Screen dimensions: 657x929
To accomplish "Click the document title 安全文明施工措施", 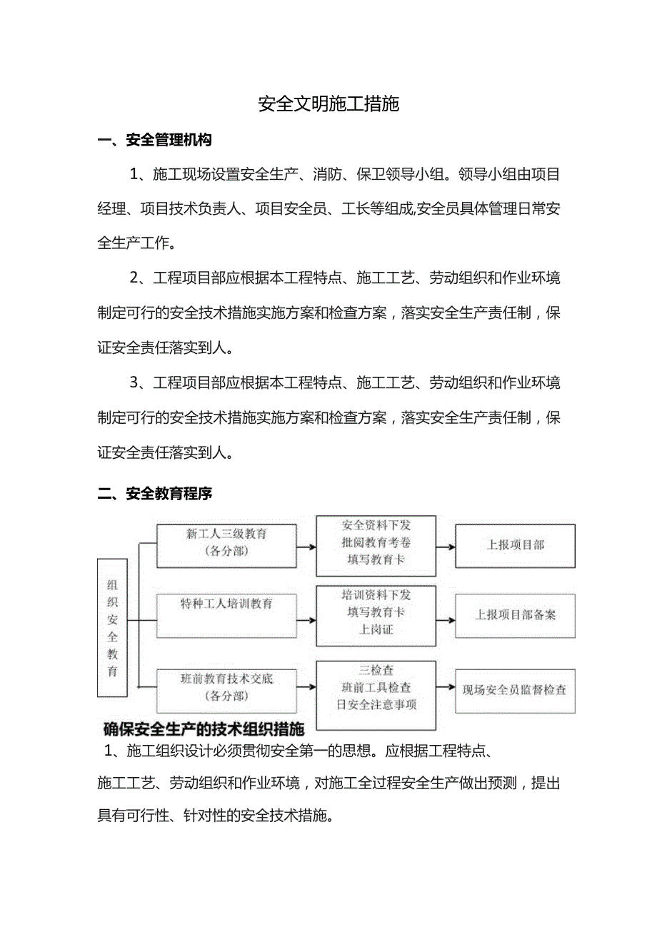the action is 328,104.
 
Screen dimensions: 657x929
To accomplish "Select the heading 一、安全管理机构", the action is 154,141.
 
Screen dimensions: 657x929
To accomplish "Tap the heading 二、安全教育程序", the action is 154,494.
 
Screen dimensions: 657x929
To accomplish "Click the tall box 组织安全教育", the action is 112,627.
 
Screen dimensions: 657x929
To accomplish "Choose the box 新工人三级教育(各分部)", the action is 226,542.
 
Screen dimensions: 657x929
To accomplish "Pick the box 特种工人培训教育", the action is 226,614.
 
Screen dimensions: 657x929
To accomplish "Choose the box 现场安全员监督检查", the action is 514,689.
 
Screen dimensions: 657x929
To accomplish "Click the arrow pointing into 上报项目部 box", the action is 446,547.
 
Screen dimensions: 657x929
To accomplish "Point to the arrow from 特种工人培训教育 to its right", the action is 306,620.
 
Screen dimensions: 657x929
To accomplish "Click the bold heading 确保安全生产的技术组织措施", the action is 204,729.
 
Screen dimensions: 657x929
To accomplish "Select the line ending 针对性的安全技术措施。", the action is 216,816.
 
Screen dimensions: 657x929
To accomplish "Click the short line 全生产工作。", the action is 136,243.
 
